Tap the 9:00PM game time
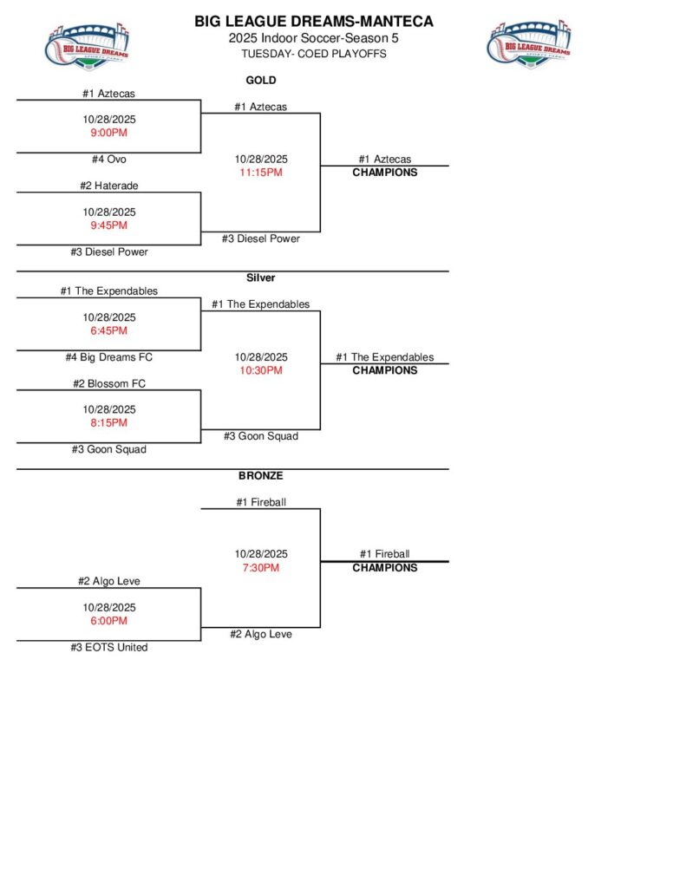click(109, 134)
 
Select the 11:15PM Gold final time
click(261, 173)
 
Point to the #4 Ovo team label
click(109, 160)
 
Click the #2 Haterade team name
click(109, 186)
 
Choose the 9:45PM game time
click(109, 225)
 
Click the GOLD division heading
click(261, 80)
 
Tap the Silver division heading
click(261, 277)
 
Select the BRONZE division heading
click(261, 475)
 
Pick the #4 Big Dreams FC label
click(109, 357)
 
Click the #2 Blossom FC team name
click(109, 383)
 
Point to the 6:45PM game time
click(109, 331)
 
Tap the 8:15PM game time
click(109, 423)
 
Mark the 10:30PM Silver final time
click(261, 370)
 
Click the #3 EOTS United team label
click(109, 648)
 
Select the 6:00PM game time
click(109, 621)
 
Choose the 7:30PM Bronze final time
click(261, 568)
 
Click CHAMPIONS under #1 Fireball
click(384, 568)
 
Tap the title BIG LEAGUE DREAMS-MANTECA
click(313, 21)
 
